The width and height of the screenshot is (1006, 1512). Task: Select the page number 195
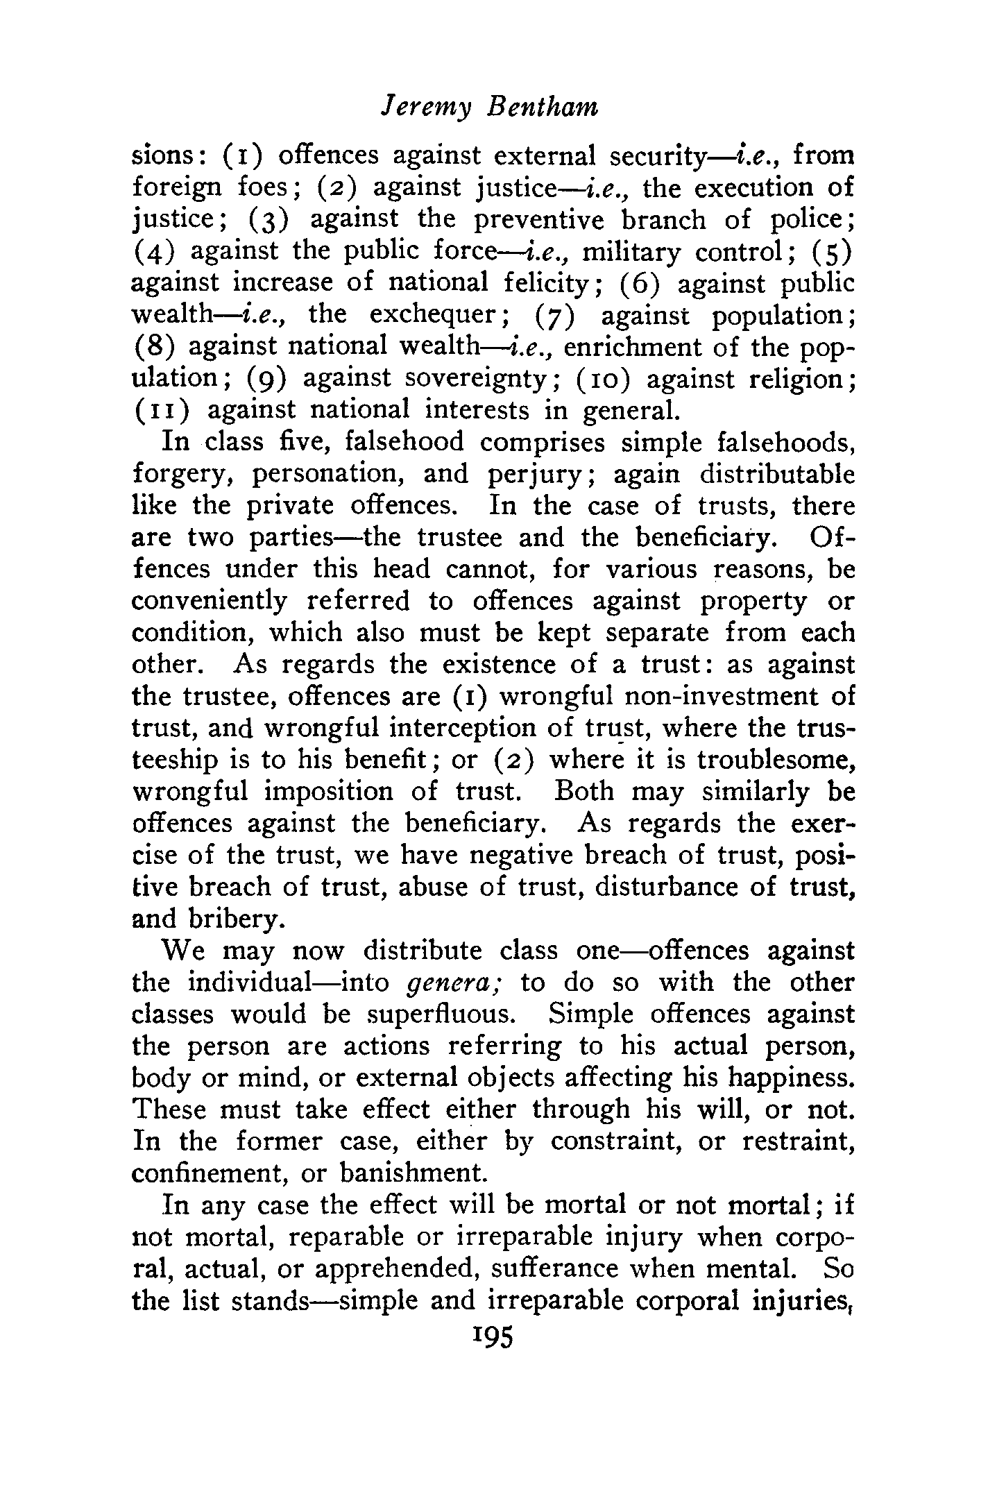(x=491, y=1336)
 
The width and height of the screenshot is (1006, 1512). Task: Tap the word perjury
(x=527, y=475)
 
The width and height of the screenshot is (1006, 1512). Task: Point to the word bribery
(x=234, y=919)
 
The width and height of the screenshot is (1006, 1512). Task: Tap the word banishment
(x=414, y=1173)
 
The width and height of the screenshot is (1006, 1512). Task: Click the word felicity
(x=529, y=284)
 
